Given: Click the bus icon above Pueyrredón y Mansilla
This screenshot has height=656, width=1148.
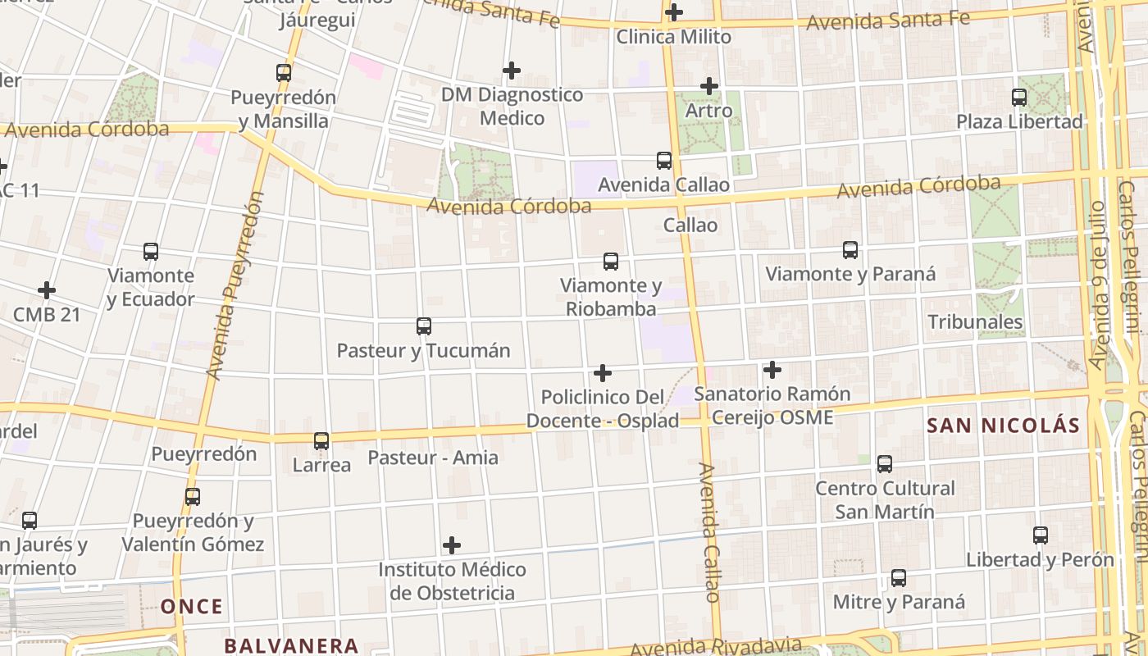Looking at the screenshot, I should coord(284,72).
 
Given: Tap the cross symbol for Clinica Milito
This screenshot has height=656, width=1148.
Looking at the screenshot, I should coord(674,12).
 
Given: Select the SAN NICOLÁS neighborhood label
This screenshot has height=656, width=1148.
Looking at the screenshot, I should coord(1003,426).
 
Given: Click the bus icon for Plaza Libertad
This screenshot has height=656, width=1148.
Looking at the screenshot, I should coord(1019,98).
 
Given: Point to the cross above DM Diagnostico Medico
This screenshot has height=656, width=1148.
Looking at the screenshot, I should coord(512,71).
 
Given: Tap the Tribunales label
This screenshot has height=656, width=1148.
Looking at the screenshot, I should coord(975,321).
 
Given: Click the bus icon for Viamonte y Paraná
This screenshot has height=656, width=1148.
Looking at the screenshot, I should coord(850,249).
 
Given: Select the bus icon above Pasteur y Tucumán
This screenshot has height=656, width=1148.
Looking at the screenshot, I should coord(424,326).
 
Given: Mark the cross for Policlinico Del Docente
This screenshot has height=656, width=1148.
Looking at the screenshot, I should coord(603,373).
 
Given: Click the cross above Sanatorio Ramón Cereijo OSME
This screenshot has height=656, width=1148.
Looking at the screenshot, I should coord(772,370).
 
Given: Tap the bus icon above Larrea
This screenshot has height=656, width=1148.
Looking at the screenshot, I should coord(321,441).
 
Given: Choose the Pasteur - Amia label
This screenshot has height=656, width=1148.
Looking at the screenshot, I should coord(432,458).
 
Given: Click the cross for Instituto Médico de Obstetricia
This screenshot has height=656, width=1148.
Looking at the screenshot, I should coord(452,545).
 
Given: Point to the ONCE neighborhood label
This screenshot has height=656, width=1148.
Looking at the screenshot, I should coord(191,607).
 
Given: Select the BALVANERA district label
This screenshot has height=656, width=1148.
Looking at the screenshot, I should coord(291,645).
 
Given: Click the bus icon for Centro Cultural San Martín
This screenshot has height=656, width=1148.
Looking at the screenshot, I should coord(885,464).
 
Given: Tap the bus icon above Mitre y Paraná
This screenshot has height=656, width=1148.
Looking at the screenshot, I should coord(899,578).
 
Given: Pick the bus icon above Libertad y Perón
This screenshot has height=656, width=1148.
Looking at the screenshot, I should coord(1041,535).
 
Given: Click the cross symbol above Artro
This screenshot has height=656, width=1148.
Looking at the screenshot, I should coord(709,86).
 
